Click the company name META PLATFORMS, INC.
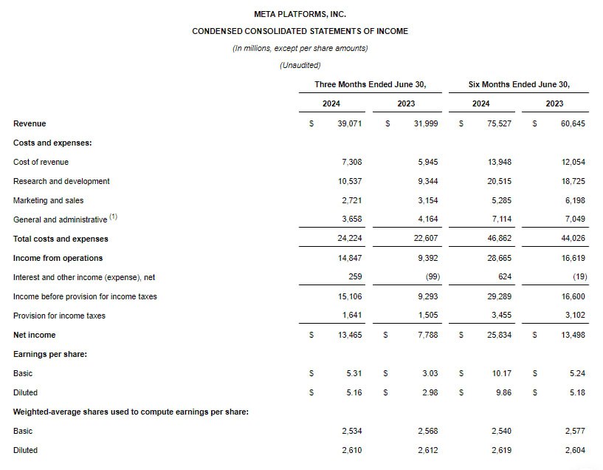(300, 14)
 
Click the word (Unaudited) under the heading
(300, 65)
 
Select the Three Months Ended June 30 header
(370, 84)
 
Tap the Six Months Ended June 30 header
(519, 84)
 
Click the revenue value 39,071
(349, 123)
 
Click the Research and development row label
(61, 181)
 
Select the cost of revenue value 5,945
(426, 162)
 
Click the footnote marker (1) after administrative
(114, 217)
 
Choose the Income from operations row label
(58, 258)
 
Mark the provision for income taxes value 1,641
(351, 316)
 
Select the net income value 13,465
(349, 335)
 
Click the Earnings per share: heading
(50, 354)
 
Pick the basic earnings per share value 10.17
(502, 373)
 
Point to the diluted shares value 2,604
(574, 450)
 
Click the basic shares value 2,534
(351, 431)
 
